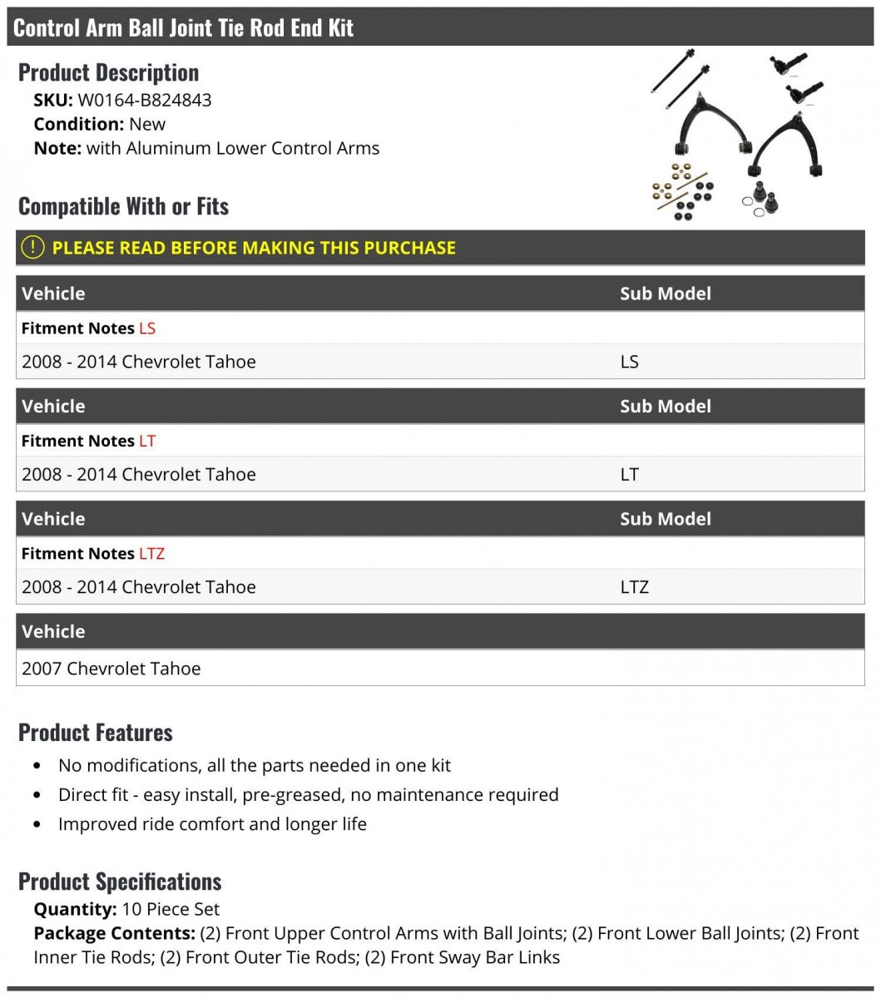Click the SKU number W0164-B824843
(144, 101)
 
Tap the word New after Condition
(147, 125)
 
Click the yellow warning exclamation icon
(32, 247)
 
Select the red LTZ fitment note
(151, 554)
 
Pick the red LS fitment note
(147, 329)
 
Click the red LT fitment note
(147, 441)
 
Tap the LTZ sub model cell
(634, 587)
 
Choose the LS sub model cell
(629, 362)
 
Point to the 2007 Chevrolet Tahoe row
(111, 669)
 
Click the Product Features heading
(96, 733)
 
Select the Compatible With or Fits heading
(123, 206)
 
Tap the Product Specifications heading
(120, 882)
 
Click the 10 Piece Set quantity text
(171, 909)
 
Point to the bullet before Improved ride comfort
(37, 825)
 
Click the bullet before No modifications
(37, 766)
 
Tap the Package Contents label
(114, 933)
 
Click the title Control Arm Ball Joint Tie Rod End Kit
(184, 27)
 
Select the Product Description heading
(108, 73)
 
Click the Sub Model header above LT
(666, 407)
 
